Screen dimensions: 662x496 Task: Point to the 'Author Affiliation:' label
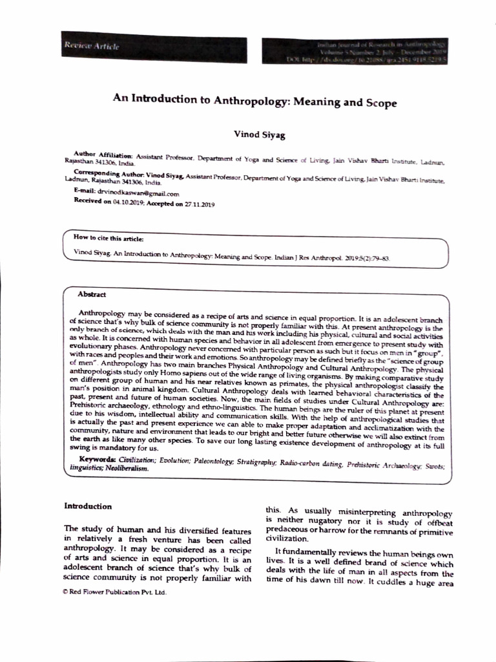point(103,156)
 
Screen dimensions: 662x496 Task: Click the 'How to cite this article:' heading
point(108,239)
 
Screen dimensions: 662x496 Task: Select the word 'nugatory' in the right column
point(318,520)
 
